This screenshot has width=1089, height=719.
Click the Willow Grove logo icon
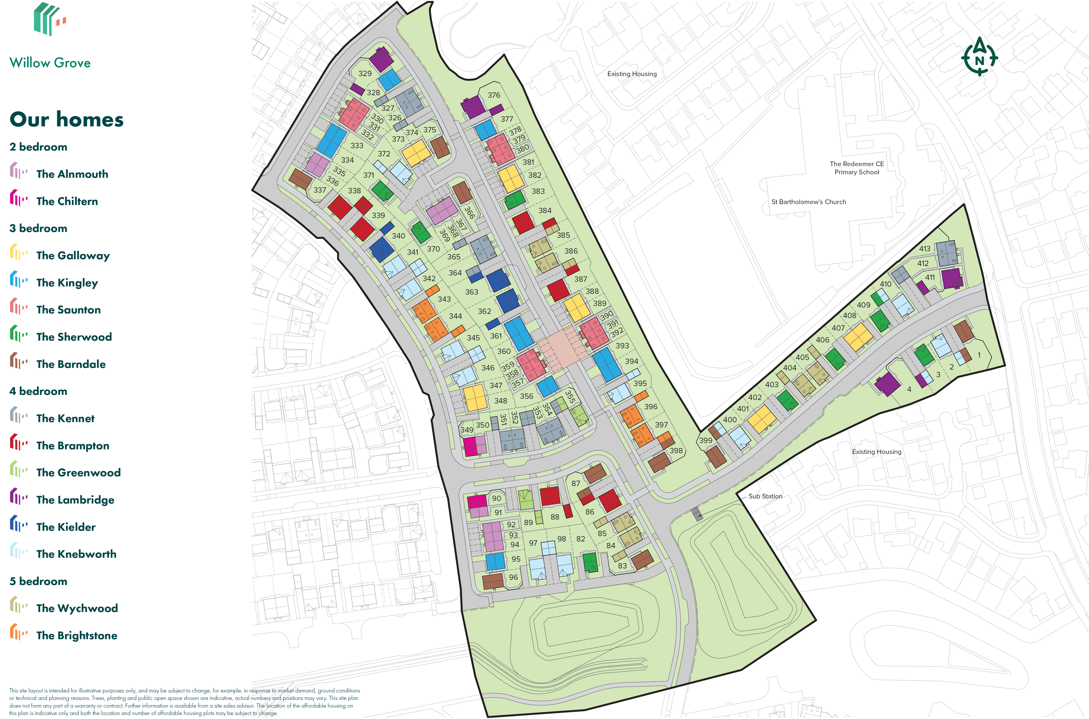[50, 19]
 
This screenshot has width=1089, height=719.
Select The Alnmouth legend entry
[72, 174]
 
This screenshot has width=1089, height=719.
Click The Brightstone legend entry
[77, 635]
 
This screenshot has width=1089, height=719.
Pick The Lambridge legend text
[75, 500]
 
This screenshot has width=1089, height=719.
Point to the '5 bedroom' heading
[39, 581]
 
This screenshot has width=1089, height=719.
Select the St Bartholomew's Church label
[808, 202]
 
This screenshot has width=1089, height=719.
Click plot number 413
[925, 249]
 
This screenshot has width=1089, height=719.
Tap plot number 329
[365, 73]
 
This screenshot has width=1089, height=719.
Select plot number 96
[513, 577]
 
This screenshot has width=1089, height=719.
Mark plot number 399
[705, 440]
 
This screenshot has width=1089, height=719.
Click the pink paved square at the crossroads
[562, 349]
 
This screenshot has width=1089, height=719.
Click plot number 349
[467, 430]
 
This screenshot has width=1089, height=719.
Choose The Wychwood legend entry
[77, 608]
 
